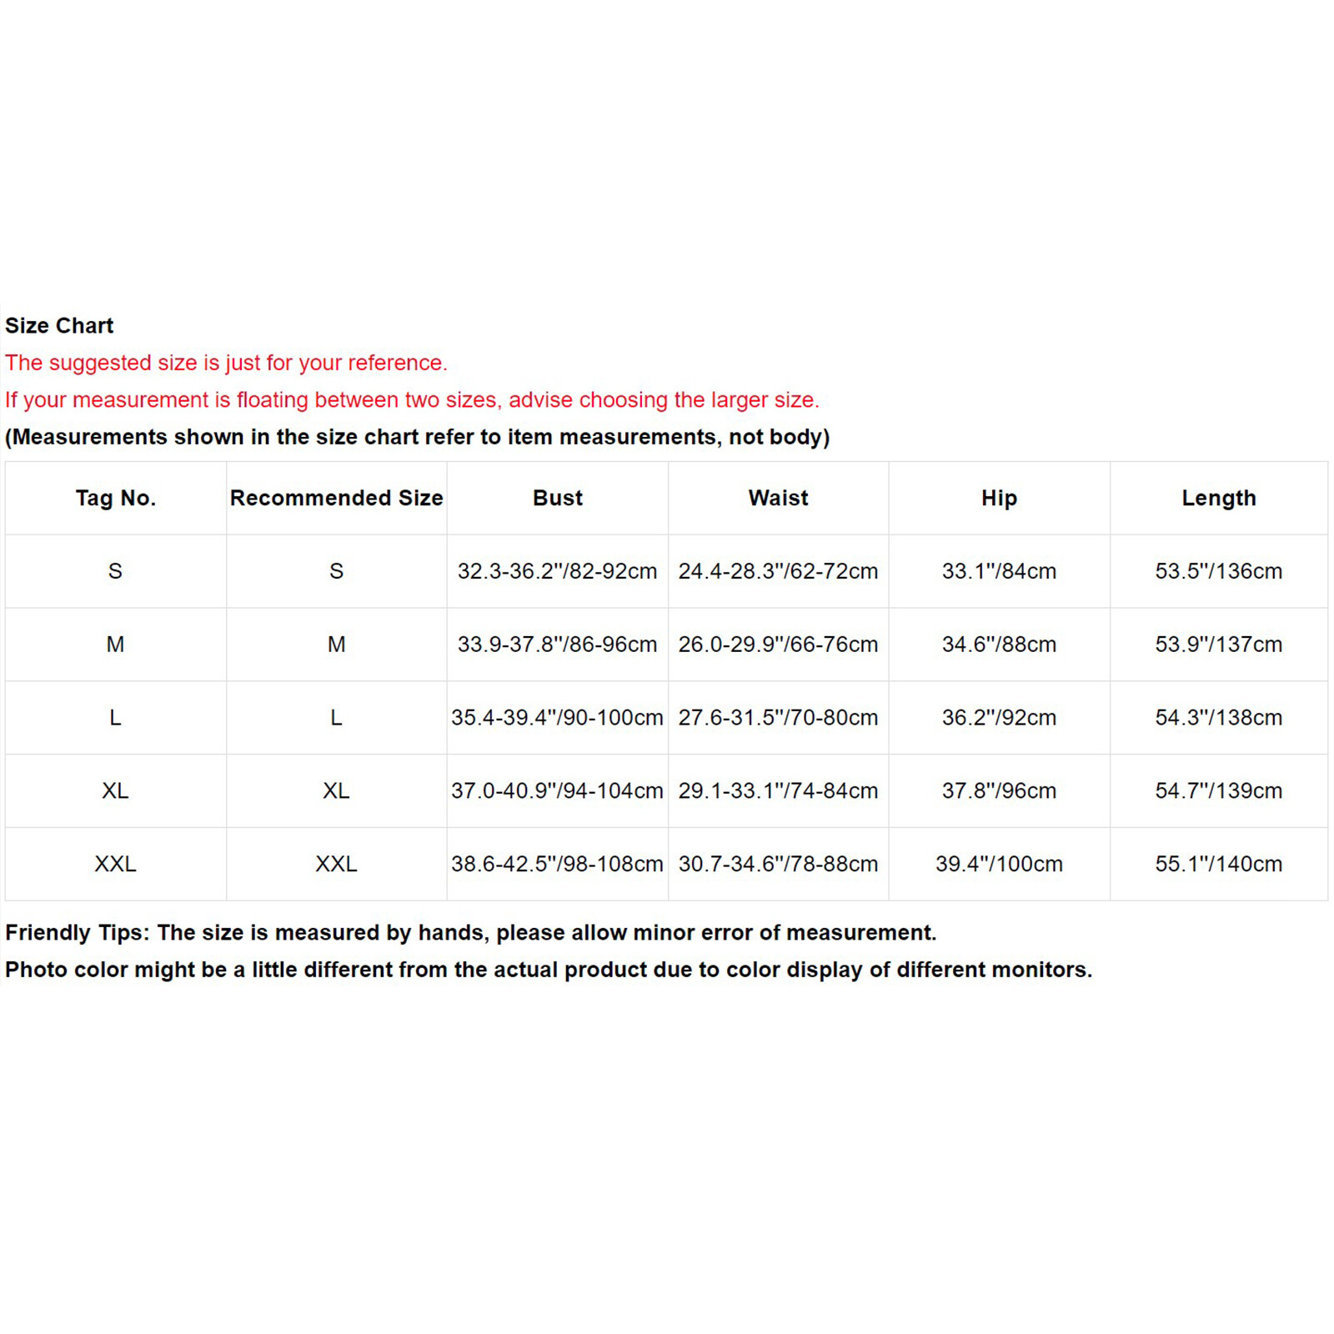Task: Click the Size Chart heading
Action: pyautogui.click(x=59, y=325)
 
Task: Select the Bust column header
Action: pyautogui.click(x=558, y=498)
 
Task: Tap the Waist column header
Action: pyautogui.click(x=778, y=498)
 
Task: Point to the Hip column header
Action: pyautogui.click(x=999, y=498)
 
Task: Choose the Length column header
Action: pyautogui.click(x=1218, y=498)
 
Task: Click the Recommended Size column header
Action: pyautogui.click(x=336, y=498)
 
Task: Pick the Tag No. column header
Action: pyautogui.click(x=116, y=498)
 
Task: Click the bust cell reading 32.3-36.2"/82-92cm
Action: pyautogui.click(x=557, y=571)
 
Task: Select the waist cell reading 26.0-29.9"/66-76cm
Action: pyautogui.click(x=778, y=644)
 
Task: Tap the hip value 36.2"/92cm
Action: pyautogui.click(x=999, y=718)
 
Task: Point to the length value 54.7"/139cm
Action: pyautogui.click(x=1218, y=790)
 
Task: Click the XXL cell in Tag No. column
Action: pyautogui.click(x=115, y=864)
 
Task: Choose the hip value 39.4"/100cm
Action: pyautogui.click(x=999, y=864)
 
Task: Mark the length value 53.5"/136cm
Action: pyautogui.click(x=1218, y=571)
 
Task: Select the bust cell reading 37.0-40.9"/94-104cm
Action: pyautogui.click(x=557, y=790)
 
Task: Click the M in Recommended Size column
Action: pyautogui.click(x=336, y=644)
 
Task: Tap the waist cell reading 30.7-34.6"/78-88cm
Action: pyautogui.click(x=778, y=864)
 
